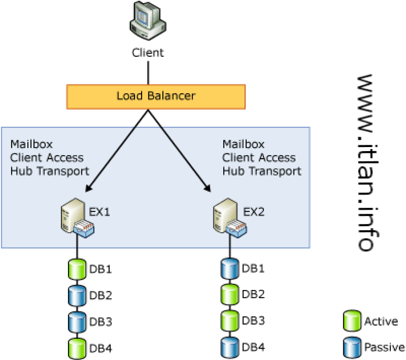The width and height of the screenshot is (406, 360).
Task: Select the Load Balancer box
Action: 156,97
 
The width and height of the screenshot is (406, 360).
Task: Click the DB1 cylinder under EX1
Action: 76,270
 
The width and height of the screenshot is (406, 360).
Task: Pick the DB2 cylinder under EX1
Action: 76,296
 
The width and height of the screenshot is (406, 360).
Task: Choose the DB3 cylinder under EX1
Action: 76,322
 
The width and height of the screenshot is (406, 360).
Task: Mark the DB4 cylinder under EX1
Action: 76,348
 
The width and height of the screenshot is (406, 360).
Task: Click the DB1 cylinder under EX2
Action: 229,269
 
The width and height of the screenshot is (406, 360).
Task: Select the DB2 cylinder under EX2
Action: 229,295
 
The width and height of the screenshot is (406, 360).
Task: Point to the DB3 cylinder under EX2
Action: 229,321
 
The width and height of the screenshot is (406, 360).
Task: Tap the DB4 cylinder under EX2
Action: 229,347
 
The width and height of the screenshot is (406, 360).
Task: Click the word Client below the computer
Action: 148,53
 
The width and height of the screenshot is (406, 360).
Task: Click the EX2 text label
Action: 253,212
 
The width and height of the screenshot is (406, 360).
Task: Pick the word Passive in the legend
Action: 383,347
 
